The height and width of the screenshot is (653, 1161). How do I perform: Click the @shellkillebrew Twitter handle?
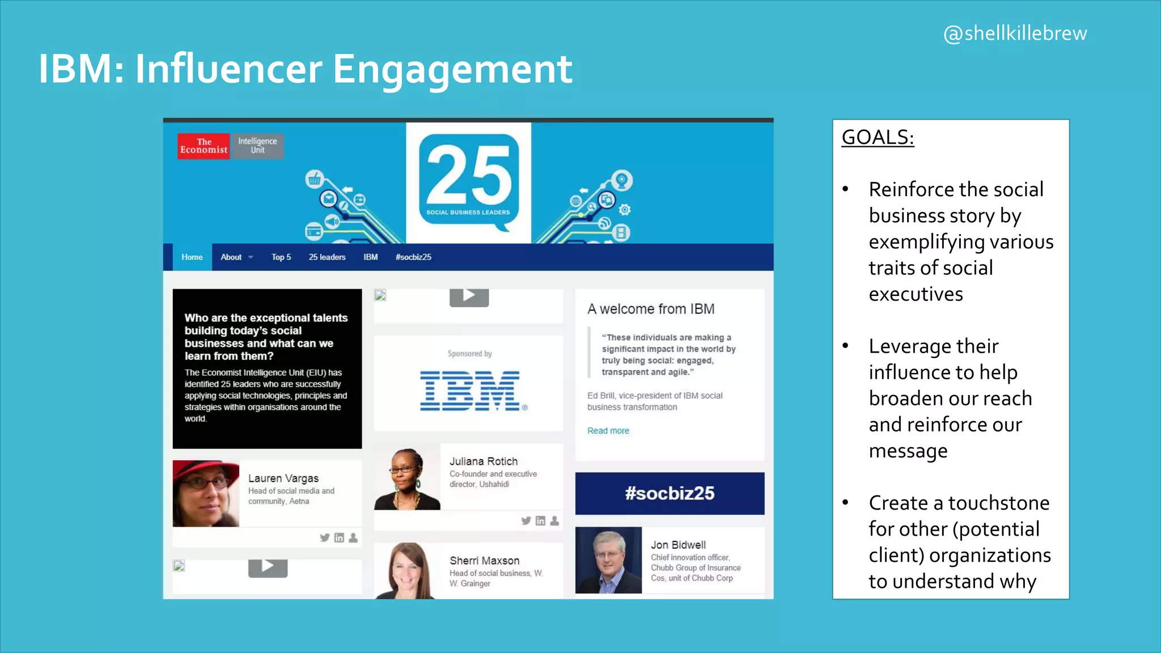coord(1015,33)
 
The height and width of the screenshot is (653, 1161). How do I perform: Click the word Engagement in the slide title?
coord(452,70)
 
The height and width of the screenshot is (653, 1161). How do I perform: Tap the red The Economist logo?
coord(204,146)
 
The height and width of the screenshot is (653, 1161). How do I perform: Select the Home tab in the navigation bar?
coord(192,257)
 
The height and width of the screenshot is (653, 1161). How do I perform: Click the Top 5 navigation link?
coord(281,257)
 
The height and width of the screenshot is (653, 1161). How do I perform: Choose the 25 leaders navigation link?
coord(327,257)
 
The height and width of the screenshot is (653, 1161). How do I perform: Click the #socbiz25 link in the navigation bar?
coord(413,257)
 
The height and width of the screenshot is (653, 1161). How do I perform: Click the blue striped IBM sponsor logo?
coord(471,391)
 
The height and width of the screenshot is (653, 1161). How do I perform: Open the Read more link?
coord(608,431)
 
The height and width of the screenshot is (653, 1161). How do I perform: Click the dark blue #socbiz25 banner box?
coord(670,493)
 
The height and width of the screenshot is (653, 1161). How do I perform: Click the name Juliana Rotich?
coord(484,461)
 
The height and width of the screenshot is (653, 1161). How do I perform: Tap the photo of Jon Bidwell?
coord(608,560)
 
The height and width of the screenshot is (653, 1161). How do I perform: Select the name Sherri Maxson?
coord(484,561)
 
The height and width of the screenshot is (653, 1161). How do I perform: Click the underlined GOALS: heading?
coord(878,137)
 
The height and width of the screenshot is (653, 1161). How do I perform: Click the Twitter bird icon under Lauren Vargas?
coord(324,537)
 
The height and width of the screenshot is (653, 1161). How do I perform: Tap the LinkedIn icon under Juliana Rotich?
coord(540,520)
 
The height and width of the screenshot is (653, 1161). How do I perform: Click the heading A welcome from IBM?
coord(651,309)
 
